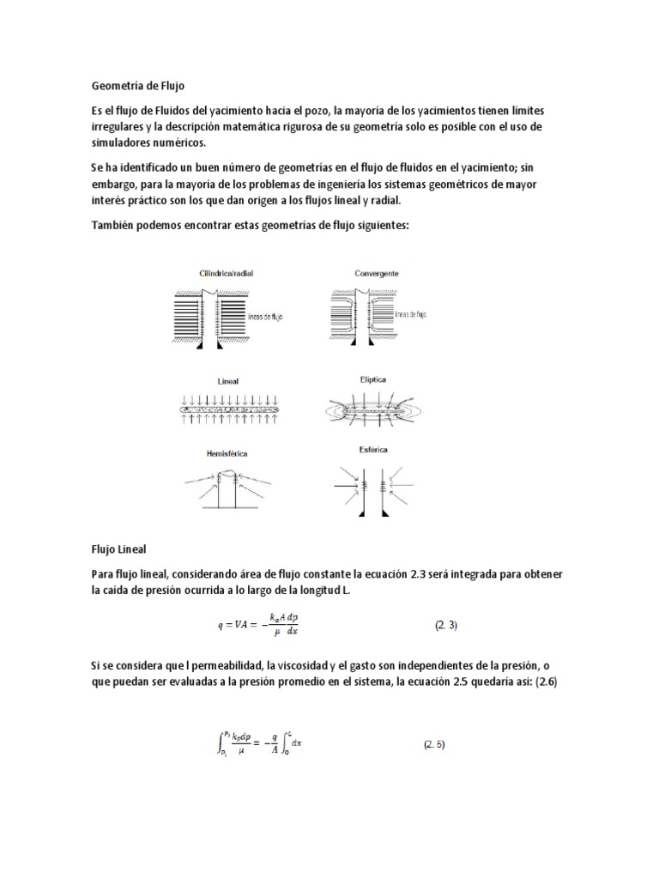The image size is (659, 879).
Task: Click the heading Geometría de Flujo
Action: [138, 86]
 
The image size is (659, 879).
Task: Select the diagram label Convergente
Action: [377, 273]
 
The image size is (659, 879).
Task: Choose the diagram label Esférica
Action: [370, 449]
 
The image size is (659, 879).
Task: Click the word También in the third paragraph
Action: [114, 225]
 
